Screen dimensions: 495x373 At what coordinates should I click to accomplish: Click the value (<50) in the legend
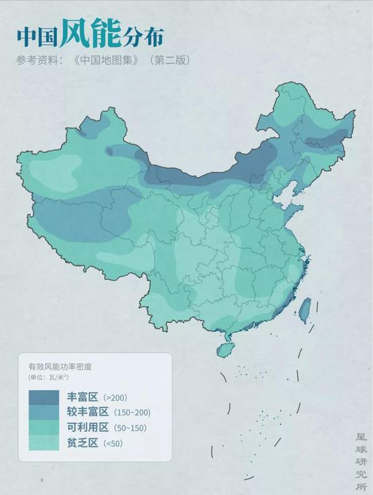pos(113,444)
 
